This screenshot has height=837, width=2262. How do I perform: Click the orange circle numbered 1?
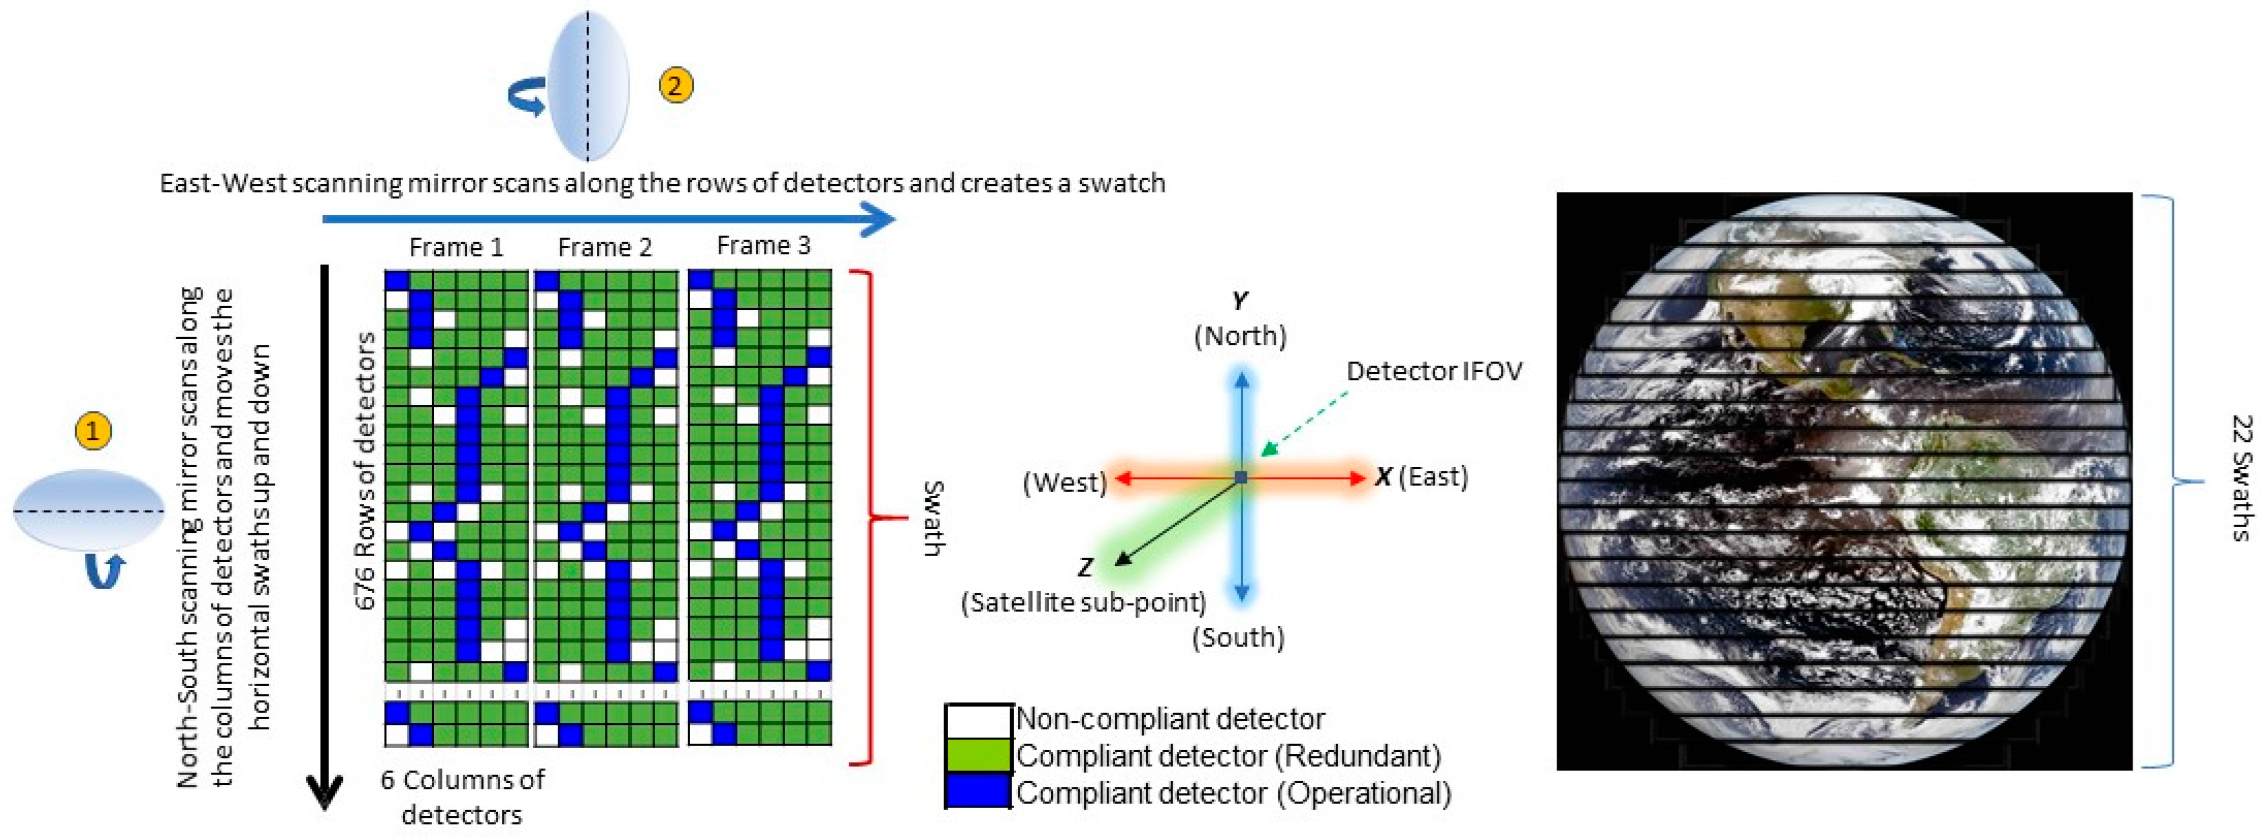(x=93, y=431)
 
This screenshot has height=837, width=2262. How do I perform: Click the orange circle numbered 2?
(x=675, y=85)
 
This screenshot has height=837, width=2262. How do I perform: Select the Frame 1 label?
(x=455, y=248)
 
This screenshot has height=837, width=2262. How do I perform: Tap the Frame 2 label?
(x=605, y=248)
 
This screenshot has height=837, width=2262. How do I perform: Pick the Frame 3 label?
(x=763, y=246)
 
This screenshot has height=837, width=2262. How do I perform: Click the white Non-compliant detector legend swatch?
(x=978, y=721)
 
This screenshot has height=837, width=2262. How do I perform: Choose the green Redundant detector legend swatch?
(x=978, y=756)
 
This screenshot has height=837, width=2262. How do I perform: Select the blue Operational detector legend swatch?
(x=978, y=793)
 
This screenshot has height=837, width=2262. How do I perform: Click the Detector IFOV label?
(x=1434, y=371)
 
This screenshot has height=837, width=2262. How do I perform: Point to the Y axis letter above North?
(x=1239, y=301)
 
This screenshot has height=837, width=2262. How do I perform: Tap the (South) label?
(x=1238, y=638)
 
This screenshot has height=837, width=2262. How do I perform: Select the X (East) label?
(x=1421, y=478)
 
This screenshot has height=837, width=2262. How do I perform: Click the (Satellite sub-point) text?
(x=1083, y=602)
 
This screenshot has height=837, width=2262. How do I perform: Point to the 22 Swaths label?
(x=2241, y=478)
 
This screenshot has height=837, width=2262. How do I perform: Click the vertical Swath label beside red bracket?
(x=933, y=518)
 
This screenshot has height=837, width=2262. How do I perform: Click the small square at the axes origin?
(x=1240, y=478)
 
